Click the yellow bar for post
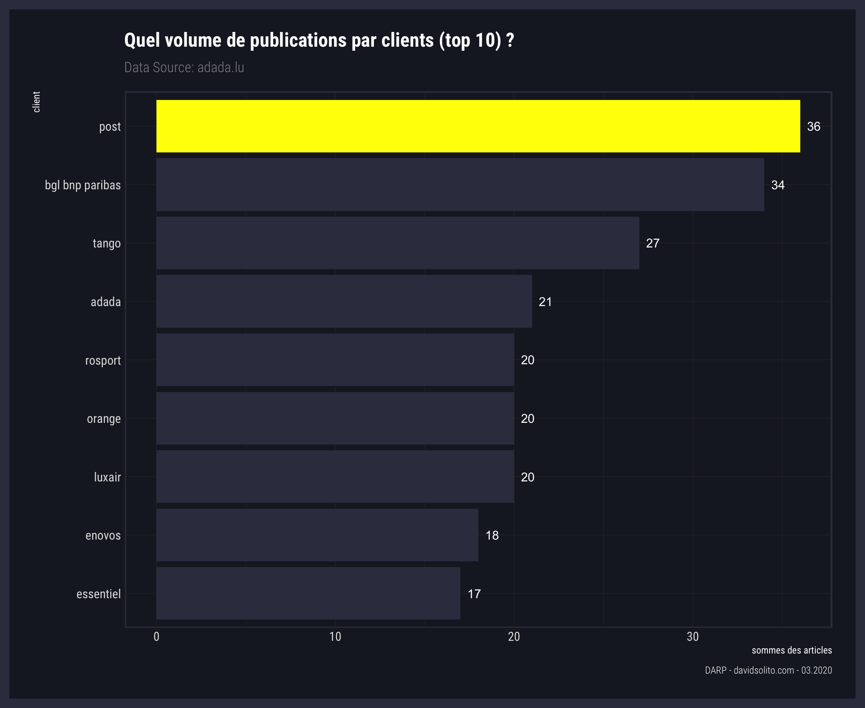point(478,126)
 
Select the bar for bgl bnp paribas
point(460,185)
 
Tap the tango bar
point(398,243)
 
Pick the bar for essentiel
point(308,593)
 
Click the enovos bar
point(317,535)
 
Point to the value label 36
point(813,126)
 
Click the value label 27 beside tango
point(652,243)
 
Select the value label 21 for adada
point(545,302)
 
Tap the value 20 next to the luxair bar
point(528,477)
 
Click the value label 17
point(474,594)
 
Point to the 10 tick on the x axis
point(335,637)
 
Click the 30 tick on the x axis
point(693,637)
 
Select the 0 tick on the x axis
point(156,637)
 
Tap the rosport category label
point(103,361)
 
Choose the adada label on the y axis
point(106,302)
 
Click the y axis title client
point(36,102)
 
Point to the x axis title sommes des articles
point(792,650)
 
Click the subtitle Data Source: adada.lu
point(184,67)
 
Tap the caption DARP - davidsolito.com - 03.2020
point(768,670)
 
